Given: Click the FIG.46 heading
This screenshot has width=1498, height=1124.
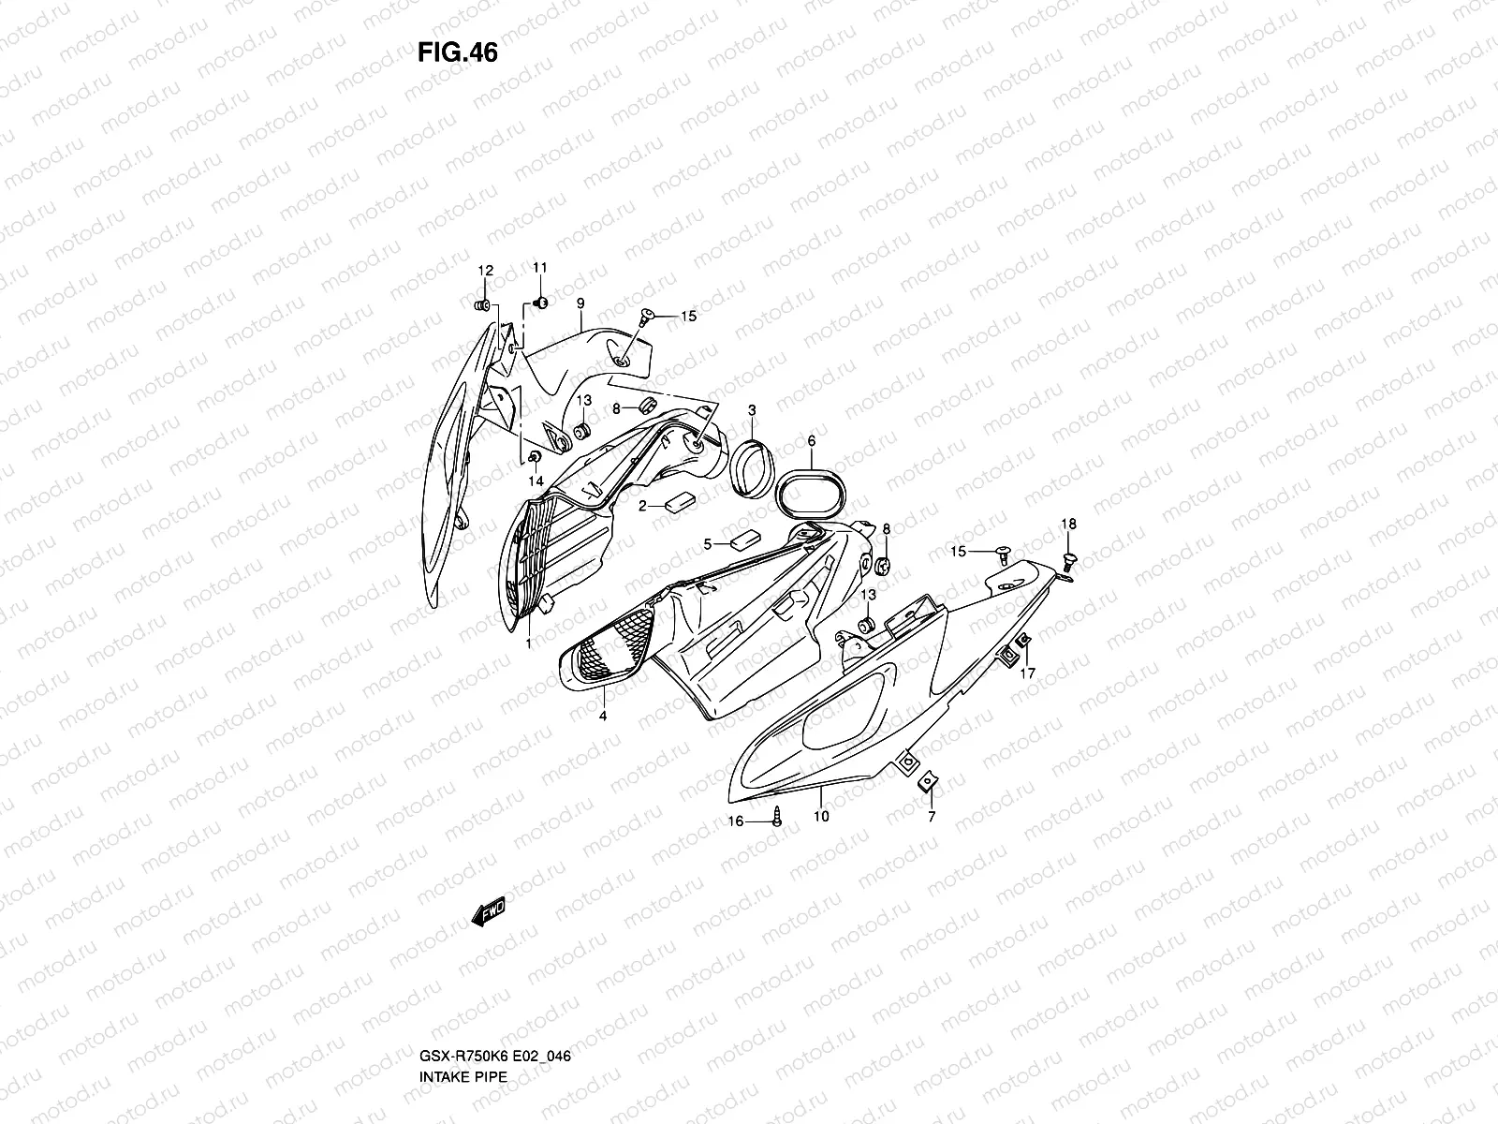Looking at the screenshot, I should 458,53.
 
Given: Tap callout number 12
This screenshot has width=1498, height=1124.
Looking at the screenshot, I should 485,271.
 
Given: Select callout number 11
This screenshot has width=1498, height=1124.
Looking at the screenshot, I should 539,269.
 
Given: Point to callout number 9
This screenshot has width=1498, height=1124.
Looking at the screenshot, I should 580,303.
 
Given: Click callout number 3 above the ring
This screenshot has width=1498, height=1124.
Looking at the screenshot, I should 752,410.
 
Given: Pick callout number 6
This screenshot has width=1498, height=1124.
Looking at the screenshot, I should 811,440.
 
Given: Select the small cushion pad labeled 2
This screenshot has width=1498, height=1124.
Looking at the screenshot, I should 679,502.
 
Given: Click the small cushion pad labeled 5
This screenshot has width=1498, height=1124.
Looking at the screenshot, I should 745,540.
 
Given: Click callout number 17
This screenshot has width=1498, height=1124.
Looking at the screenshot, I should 1027,673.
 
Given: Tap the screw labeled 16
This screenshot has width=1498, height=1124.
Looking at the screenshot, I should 777,820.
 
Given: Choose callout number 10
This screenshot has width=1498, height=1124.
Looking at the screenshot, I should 821,816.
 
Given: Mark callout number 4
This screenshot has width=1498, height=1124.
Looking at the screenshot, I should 603,716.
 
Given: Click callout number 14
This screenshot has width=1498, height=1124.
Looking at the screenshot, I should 536,481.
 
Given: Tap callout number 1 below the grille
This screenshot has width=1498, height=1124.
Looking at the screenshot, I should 528,643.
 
